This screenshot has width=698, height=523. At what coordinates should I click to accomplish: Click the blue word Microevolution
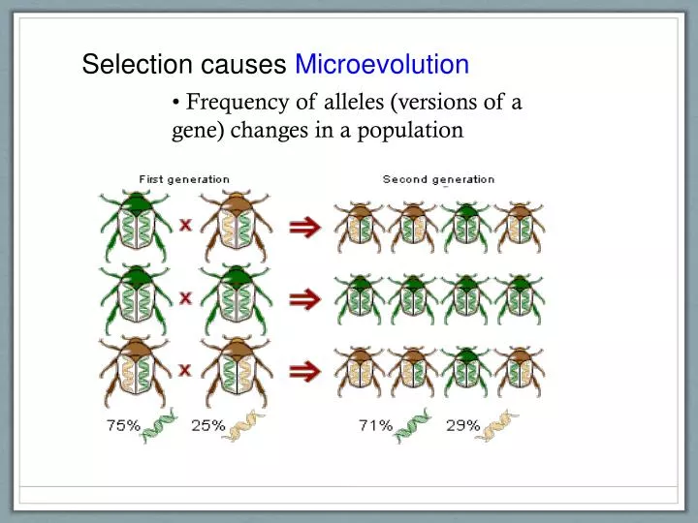pyautogui.click(x=382, y=65)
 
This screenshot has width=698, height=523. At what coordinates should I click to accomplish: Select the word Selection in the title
pyautogui.click(x=139, y=65)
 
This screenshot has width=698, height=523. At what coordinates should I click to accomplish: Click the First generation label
pyautogui.click(x=184, y=179)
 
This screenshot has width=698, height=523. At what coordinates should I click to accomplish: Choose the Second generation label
pyautogui.click(x=438, y=179)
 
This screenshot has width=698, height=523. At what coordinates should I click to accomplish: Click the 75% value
pyautogui.click(x=123, y=424)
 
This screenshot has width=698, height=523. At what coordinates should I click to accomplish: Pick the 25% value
pyautogui.click(x=208, y=424)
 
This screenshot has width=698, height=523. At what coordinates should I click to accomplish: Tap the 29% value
pyautogui.click(x=463, y=424)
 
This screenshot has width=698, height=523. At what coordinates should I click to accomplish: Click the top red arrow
pyautogui.click(x=306, y=226)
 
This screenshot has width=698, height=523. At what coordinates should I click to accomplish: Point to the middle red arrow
pyautogui.click(x=306, y=298)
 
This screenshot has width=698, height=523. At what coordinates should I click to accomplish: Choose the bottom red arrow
pyautogui.click(x=306, y=370)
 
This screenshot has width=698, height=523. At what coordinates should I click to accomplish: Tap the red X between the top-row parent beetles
pyautogui.click(x=184, y=225)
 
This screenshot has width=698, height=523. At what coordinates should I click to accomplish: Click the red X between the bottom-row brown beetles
pyautogui.click(x=184, y=369)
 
